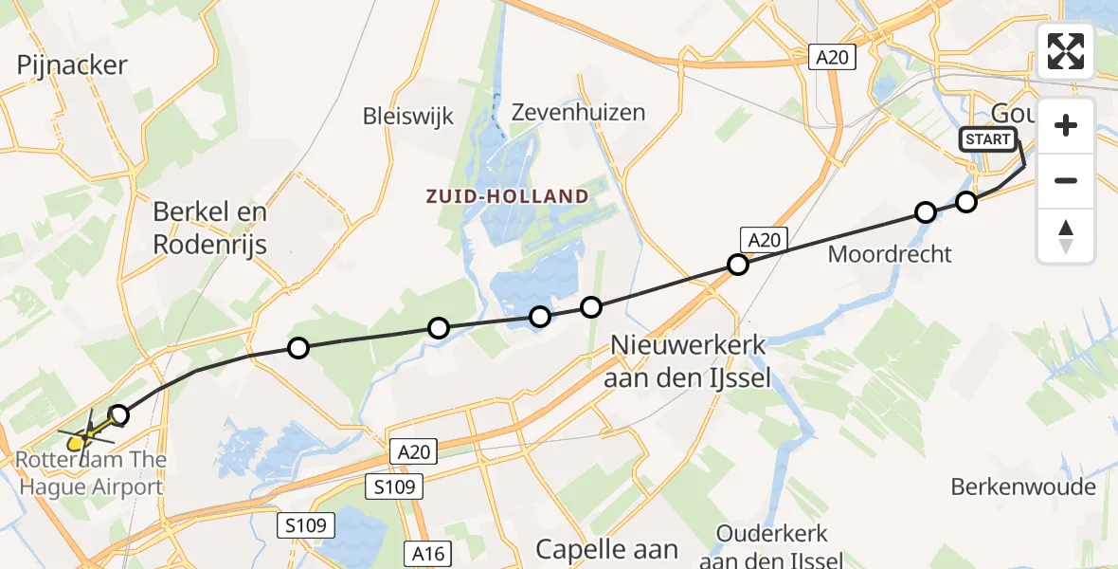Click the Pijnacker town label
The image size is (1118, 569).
[x=72, y=65]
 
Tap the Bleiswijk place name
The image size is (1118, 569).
[x=408, y=117]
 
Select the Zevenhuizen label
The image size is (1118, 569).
[x=578, y=112]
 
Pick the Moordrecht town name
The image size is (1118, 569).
[x=890, y=253]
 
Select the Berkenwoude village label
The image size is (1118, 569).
[x=1024, y=487]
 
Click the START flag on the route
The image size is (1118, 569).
[x=988, y=139]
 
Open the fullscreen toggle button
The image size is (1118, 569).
[x=1066, y=50]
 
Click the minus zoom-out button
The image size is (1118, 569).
[x=1066, y=180]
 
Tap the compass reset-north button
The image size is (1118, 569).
[x=1066, y=235]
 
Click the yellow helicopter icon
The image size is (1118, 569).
[x=82, y=437]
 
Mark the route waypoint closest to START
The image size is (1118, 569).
[x=965, y=201]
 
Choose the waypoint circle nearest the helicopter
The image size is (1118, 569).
[x=118, y=414]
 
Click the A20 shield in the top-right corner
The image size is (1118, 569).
[x=834, y=58]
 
